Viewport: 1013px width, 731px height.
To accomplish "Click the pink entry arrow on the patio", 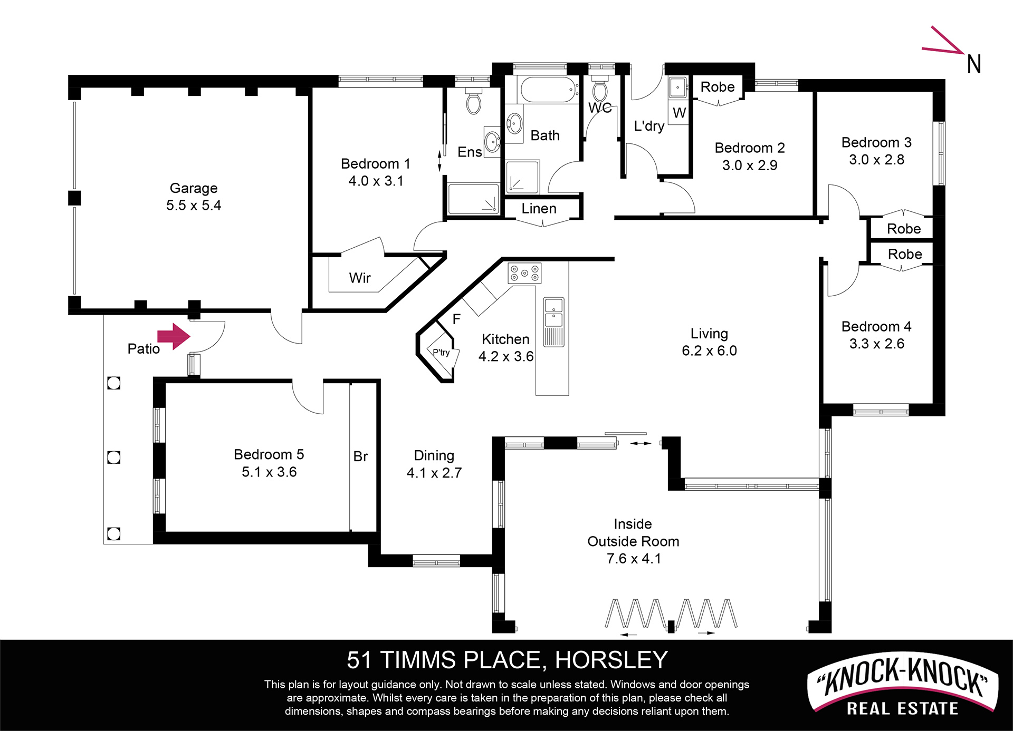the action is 174,336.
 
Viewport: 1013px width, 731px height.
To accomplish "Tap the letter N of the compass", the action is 974,64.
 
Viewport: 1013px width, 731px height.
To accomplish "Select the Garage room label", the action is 194,188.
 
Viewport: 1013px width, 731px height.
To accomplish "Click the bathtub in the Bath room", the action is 549,90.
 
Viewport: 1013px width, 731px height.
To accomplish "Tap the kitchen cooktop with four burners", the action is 524,273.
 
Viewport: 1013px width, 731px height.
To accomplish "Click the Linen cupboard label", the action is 539,209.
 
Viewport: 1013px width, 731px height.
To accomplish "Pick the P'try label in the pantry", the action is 441,353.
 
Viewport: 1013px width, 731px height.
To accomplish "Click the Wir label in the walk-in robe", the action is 360,278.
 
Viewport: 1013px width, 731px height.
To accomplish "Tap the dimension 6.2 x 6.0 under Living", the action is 709,350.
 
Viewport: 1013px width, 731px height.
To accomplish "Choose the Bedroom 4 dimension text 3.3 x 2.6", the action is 876,344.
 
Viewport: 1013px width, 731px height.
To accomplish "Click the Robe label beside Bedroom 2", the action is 718,87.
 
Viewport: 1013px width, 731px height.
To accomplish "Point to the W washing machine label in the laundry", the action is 680,113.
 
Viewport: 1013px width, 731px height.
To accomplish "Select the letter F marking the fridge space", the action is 456,319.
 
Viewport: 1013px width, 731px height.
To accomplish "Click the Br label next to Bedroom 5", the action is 360,456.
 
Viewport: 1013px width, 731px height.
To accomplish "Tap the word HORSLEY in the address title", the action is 611,660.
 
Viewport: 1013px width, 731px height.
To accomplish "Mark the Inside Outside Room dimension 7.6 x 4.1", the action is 633,559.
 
